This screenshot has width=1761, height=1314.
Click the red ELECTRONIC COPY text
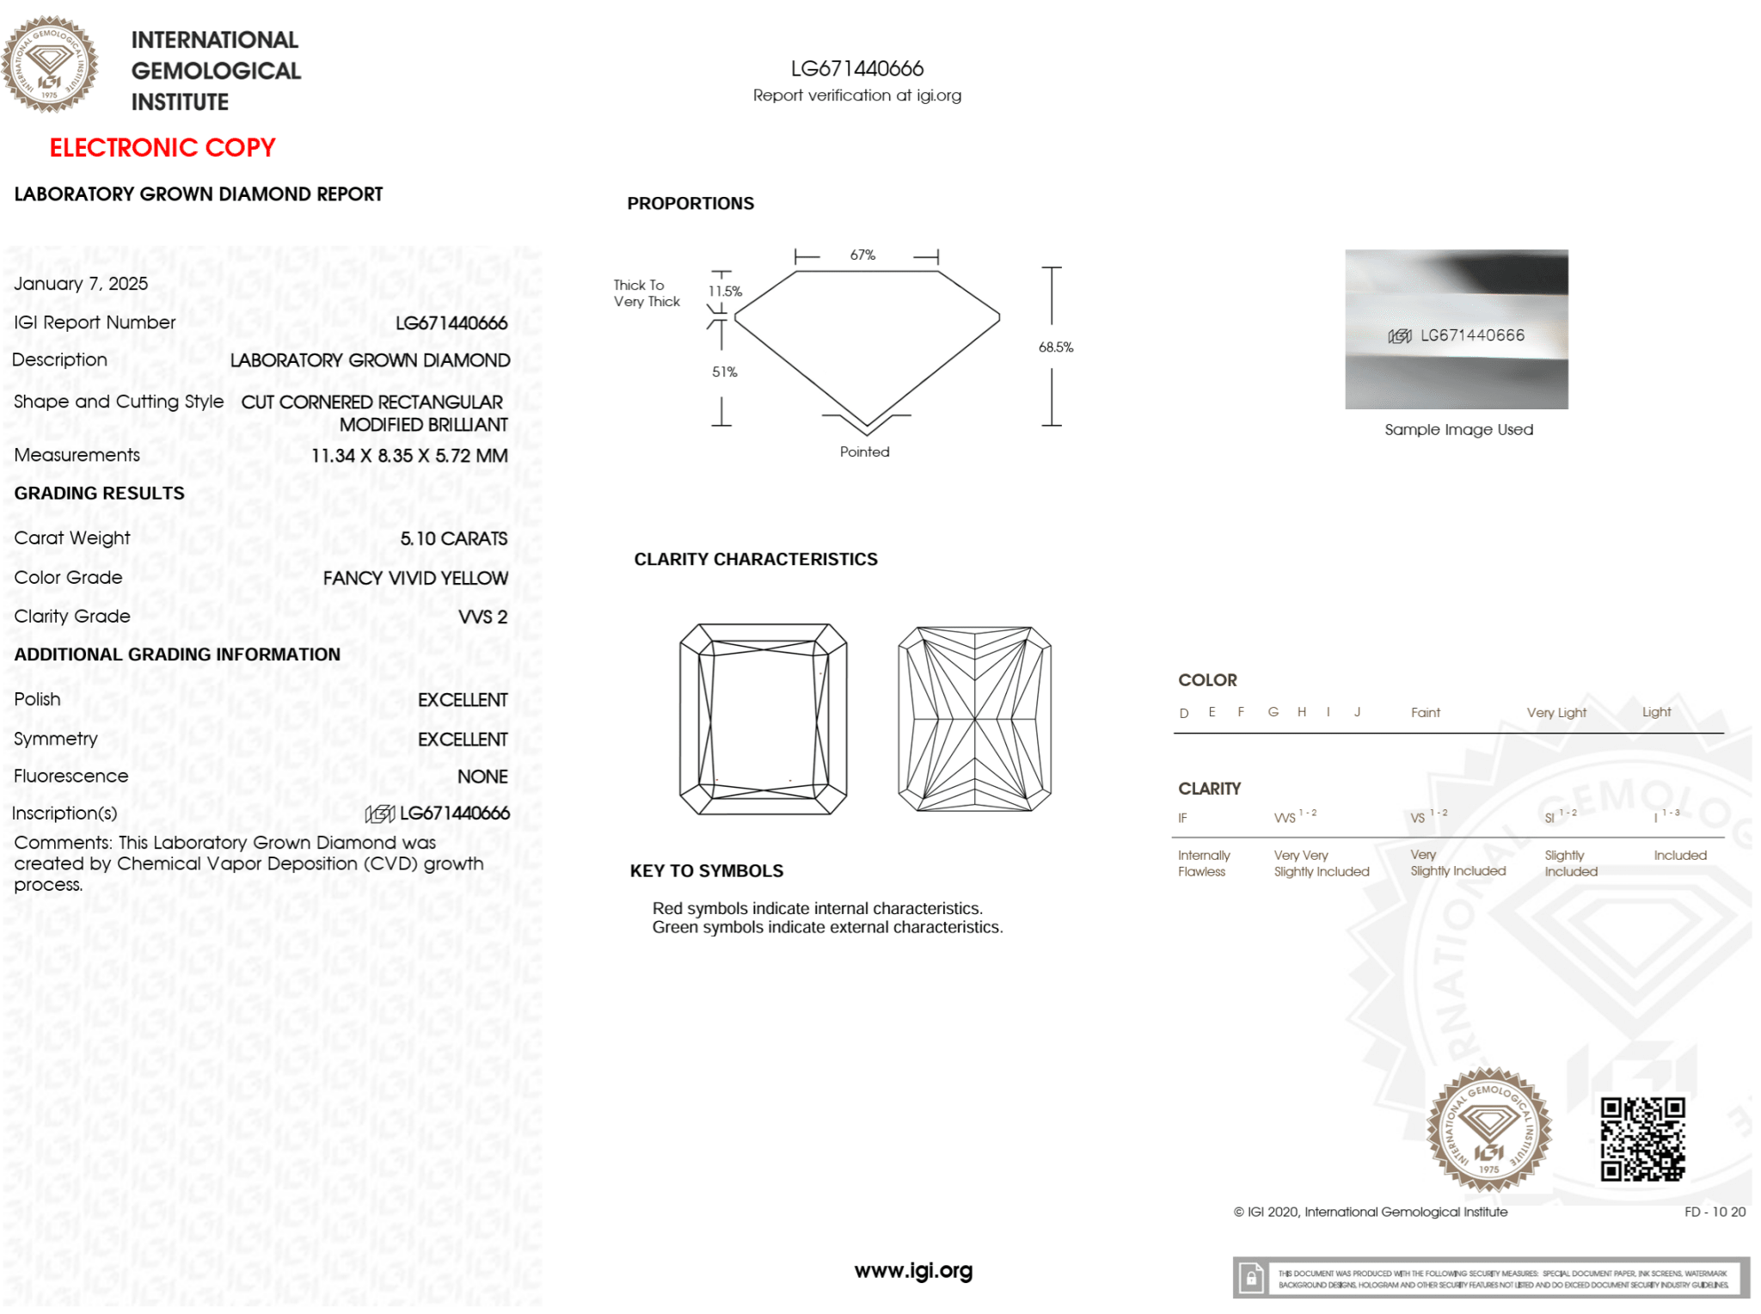[163, 148]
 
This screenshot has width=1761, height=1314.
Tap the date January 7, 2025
[81, 284]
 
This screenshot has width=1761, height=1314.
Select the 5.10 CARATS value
[453, 538]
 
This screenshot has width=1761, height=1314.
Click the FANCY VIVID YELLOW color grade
[415, 578]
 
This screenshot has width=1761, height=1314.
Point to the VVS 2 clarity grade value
[482, 617]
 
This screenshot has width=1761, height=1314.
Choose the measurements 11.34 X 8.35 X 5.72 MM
[409, 456]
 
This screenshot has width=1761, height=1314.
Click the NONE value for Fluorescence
[482, 777]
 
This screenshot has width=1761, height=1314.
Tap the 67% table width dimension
[862, 255]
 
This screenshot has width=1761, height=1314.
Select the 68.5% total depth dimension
[1055, 347]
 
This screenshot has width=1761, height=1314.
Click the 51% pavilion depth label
[724, 372]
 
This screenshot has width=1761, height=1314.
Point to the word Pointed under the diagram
[864, 452]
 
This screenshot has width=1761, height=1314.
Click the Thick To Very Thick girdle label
[647, 293]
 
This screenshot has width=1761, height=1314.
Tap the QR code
[1642, 1139]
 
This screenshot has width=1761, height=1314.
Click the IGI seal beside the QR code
[1488, 1130]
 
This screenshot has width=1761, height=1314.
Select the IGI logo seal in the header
[50, 64]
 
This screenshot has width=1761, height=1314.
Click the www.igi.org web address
[913, 1270]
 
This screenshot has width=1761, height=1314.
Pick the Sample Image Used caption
[1458, 430]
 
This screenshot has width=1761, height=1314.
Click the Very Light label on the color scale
[1556, 713]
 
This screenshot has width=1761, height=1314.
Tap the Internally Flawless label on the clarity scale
[1204, 863]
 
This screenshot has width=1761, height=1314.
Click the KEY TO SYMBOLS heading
[706, 871]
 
